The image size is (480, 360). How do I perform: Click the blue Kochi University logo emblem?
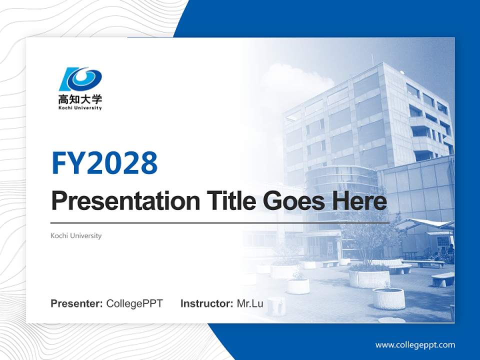80,79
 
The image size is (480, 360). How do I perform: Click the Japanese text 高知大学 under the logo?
80,99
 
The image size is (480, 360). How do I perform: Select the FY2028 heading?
104,162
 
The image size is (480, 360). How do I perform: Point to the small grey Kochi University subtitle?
76,235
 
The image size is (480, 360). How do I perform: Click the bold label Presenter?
77,303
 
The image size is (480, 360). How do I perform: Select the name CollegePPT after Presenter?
134,303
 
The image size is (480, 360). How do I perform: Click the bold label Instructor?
206,303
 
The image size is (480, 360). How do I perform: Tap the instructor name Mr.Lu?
249,303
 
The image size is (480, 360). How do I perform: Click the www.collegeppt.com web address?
415,345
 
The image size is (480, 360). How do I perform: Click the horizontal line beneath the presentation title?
220,222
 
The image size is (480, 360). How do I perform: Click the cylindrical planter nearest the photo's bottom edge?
388,298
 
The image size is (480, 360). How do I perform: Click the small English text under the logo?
80,108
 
